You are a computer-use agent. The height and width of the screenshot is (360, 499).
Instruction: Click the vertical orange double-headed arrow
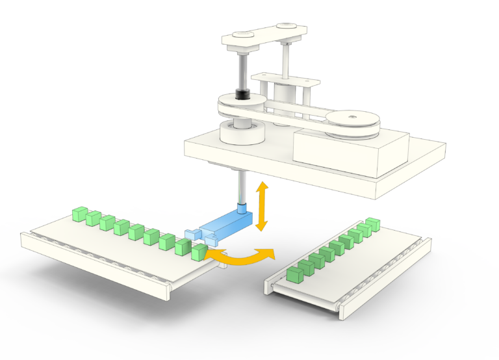coord(262,207)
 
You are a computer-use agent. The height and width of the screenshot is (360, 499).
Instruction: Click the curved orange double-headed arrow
coord(238,259)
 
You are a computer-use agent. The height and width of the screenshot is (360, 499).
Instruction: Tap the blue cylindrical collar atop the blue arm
coord(242,209)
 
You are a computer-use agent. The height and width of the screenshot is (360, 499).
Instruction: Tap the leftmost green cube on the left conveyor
coord(79,213)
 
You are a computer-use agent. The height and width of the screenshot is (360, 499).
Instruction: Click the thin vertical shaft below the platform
coord(241,185)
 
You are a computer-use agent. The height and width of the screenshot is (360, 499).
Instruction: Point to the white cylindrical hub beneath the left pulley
coord(242,133)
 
